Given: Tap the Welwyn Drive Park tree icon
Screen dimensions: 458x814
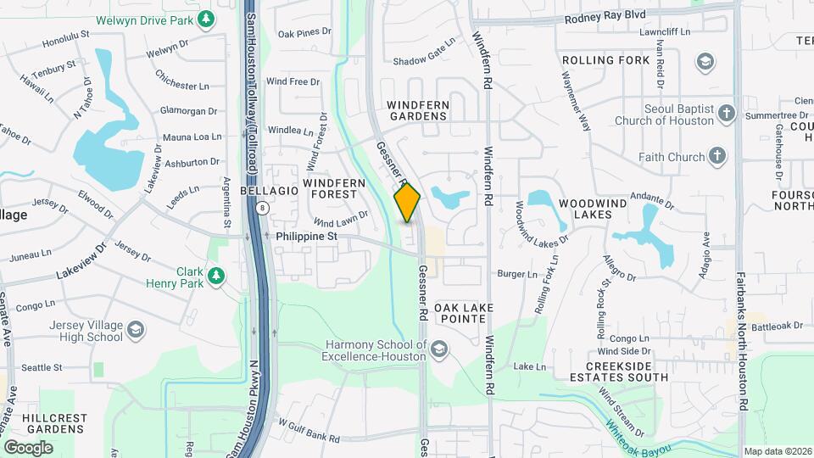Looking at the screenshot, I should coord(206,18).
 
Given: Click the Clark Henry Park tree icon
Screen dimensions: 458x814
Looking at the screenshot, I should coord(217,276).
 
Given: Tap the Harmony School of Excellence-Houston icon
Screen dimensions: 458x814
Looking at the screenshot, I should coord(438,349).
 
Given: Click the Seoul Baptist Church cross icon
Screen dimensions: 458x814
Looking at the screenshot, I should coord(726,113).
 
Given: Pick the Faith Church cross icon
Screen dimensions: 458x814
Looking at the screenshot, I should coord(716,156).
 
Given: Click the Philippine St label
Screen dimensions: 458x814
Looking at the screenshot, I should coord(307,237).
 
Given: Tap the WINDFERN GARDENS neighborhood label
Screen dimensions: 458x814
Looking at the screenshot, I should coord(417,109).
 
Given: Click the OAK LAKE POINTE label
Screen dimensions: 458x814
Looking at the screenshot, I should coord(460,312).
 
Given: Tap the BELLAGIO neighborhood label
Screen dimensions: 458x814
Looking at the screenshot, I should coord(269,191).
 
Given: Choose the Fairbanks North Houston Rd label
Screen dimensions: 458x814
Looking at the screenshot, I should coord(740,339).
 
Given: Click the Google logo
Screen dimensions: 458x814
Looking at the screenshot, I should coord(28,447).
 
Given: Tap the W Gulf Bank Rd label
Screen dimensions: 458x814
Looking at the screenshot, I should coord(309,433).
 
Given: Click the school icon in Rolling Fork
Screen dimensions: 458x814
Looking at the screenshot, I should coord(705,61).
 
